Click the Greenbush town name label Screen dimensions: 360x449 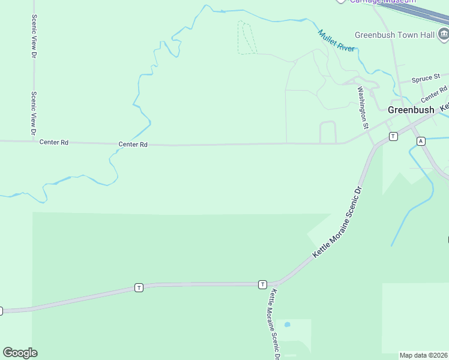(411, 110)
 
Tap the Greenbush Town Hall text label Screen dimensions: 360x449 (394, 35)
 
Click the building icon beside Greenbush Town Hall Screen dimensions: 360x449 (443, 35)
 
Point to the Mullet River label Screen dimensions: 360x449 (336, 40)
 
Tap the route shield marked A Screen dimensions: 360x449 (421, 141)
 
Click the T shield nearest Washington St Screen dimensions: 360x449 (393, 136)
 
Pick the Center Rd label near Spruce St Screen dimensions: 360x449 (434, 94)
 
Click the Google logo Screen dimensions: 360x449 (20, 353)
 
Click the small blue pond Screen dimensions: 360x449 (287, 325)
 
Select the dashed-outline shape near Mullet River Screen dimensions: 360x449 (246, 38)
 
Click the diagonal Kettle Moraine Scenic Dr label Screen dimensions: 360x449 (339, 223)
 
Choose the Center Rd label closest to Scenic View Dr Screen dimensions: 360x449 (54, 142)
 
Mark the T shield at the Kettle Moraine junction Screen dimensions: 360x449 (262, 284)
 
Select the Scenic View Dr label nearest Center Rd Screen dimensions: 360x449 (34, 112)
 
